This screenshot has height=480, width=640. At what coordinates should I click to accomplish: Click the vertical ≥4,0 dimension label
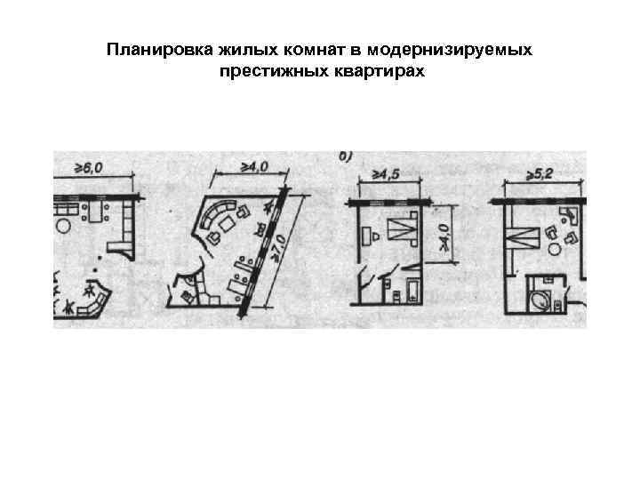(444, 235)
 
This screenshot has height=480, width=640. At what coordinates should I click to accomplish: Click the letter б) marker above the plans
(347, 156)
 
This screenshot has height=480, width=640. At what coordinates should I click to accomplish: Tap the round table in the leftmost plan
(65, 227)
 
